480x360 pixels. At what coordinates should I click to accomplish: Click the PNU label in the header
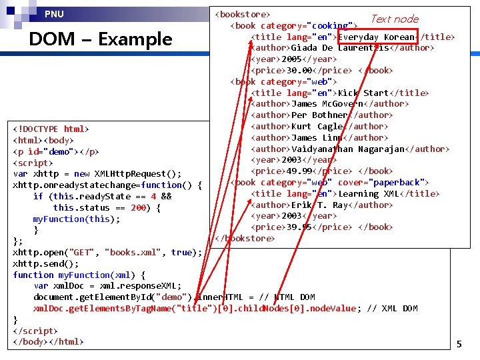tap(55, 14)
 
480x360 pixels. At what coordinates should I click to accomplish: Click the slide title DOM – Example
tap(100, 39)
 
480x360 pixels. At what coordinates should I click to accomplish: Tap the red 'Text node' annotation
tap(395, 19)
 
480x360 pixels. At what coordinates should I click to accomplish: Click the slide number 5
tap(459, 344)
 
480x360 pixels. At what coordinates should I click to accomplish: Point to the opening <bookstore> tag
tap(241, 14)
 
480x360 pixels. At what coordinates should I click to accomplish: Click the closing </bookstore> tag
tap(244, 239)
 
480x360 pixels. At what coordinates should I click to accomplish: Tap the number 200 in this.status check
tap(139, 208)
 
